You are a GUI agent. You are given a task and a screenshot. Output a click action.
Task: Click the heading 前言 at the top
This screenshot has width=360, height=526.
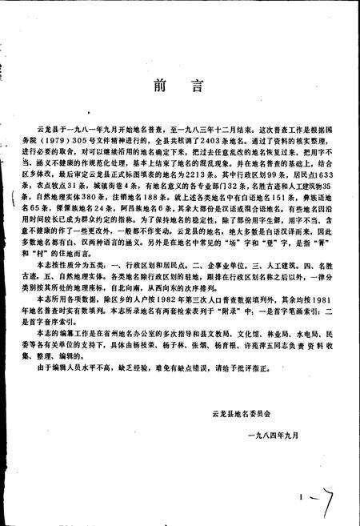(x=179, y=86)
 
